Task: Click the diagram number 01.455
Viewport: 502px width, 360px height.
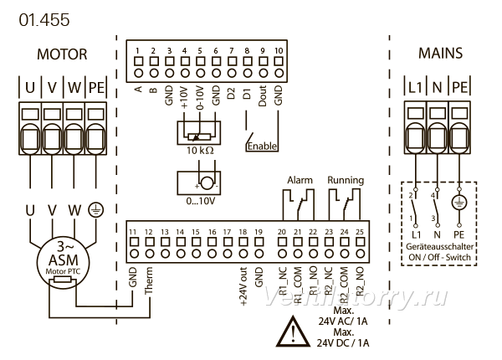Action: (x=44, y=20)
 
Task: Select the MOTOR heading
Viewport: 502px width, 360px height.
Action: (x=62, y=54)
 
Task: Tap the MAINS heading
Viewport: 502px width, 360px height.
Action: (x=441, y=54)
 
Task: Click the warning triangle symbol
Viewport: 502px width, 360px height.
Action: (x=293, y=332)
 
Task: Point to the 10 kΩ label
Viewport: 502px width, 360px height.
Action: (x=200, y=150)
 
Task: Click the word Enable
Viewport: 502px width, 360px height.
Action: (x=262, y=146)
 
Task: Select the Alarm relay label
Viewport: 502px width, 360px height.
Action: (x=300, y=180)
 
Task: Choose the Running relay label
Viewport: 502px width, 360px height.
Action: (x=346, y=180)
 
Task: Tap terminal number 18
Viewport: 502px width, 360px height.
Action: (x=243, y=232)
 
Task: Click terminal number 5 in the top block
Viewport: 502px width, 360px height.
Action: (x=200, y=50)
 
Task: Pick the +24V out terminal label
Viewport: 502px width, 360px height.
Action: (x=243, y=285)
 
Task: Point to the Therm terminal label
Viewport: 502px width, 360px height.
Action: (x=149, y=280)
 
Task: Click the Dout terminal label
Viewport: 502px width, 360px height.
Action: (x=262, y=95)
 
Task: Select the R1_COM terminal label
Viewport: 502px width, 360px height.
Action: (x=298, y=285)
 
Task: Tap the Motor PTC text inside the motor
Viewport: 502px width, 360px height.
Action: (x=63, y=271)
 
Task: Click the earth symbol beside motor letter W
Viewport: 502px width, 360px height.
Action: (x=96, y=210)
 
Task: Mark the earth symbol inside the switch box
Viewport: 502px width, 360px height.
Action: (x=459, y=203)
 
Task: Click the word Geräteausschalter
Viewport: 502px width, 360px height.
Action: (x=439, y=247)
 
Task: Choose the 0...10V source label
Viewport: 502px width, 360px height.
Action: (x=201, y=201)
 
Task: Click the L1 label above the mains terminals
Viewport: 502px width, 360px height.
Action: (x=415, y=87)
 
